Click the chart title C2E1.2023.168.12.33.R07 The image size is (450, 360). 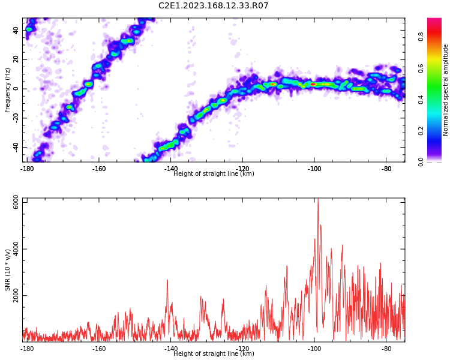tap(213, 5)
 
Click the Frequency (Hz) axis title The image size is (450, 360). tap(7, 90)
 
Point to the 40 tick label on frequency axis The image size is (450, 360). tap(16, 30)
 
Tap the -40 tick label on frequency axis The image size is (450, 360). tap(16, 146)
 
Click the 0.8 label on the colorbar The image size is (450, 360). tap(421, 37)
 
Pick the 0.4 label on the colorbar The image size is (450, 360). tap(421, 100)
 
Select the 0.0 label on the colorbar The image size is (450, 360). tap(421, 162)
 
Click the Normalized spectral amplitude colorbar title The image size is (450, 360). tap(445, 90)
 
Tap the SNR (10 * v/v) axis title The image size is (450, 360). tap(7, 270)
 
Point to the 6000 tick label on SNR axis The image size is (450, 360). tap(16, 202)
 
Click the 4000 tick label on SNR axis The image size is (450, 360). tap(16, 249)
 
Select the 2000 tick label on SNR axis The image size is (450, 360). tap(16, 295)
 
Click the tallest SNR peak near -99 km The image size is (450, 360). tap(317, 199)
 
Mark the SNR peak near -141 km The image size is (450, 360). tap(167, 280)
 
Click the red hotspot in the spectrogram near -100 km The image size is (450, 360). tap(313, 84)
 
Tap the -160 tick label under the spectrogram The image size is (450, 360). tap(99, 169)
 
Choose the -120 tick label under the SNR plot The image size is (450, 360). tap(242, 349)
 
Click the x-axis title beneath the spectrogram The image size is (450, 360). tap(214, 173)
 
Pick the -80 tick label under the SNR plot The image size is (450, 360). tap(386, 349)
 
